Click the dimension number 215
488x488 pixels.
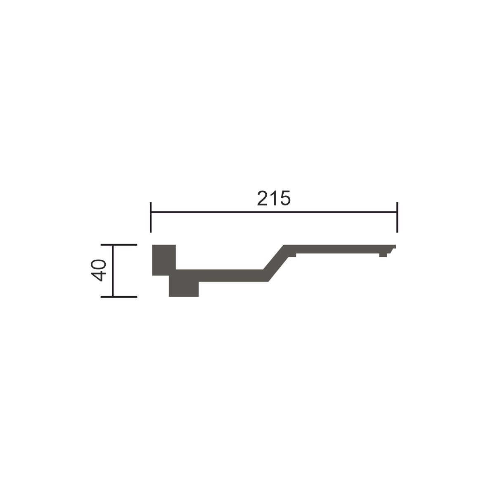[274, 198]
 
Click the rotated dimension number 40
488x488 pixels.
[98, 270]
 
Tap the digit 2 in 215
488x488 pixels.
[262, 198]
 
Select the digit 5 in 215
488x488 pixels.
[285, 199]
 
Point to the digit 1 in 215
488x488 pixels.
[274, 198]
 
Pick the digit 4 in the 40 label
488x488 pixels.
[98, 276]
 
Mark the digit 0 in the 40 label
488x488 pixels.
[98, 264]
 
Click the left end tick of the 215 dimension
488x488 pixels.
[151, 217]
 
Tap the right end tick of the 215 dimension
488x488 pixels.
[397, 217]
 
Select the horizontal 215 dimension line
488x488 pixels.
[274, 212]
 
